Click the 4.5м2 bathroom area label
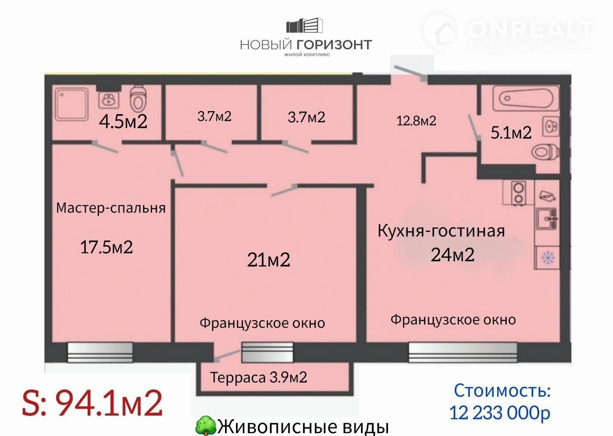coord(123,121)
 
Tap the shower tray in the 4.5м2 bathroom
coord(72,104)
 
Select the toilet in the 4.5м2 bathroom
coord(137,97)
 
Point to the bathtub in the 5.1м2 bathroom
coord(526,99)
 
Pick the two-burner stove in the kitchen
coord(519,193)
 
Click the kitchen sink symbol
coord(547,219)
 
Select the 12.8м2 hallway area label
coord(416,121)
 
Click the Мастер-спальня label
coord(111,208)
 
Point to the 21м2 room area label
coord(269,260)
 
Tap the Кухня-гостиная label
coord(441,231)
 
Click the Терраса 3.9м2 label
coord(259,378)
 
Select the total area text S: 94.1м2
coord(92,403)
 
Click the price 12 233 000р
coord(499,413)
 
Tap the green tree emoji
coord(206,426)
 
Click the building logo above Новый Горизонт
coord(305,25)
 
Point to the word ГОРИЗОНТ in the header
coord(334,45)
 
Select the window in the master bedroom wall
coord(100,352)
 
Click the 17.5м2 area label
coord(106,247)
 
